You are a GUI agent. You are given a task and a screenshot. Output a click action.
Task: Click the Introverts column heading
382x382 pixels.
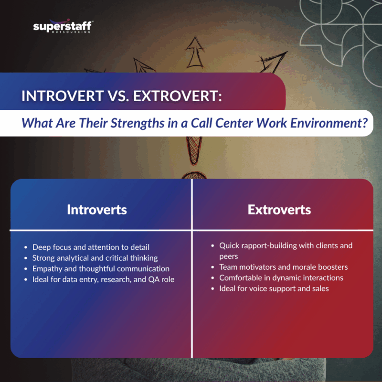tap(97, 210)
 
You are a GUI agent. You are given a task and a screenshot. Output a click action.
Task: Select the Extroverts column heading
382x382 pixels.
tap(279, 210)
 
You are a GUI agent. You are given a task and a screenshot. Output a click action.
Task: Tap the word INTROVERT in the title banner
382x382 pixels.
tap(61, 96)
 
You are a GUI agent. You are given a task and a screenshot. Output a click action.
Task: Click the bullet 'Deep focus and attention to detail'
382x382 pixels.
tap(91, 247)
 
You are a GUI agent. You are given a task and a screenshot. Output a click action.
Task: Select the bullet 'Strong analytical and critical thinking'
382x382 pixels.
tap(95, 258)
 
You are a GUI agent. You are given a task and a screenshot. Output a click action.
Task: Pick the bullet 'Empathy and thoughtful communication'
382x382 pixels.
tap(101, 269)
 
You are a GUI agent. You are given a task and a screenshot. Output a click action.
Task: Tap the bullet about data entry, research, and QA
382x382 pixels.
tap(103, 280)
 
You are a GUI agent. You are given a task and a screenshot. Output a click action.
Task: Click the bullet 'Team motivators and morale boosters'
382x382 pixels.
tap(284, 267)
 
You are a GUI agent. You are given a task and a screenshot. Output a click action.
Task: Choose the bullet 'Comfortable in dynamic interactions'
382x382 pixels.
tap(281, 278)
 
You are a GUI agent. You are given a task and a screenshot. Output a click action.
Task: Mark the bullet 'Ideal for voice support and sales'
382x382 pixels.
tap(274, 288)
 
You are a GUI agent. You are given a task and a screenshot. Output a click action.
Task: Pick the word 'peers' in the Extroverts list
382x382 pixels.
tap(229, 256)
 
